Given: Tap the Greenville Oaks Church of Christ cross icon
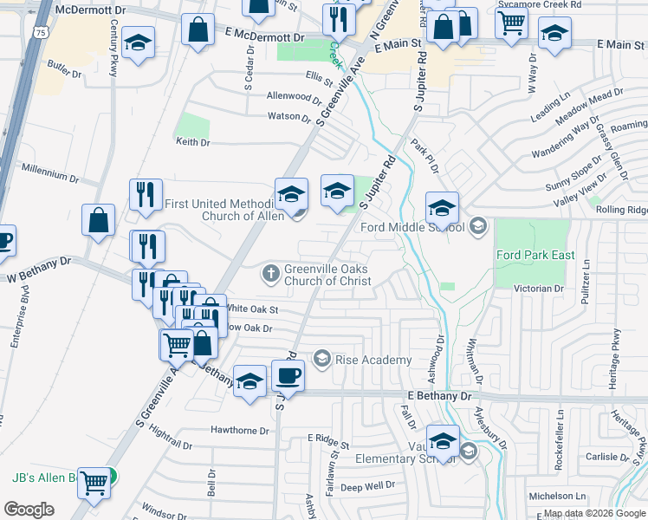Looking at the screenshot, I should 271,274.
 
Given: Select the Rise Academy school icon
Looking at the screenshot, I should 322,359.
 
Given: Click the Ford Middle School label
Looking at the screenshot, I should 411,227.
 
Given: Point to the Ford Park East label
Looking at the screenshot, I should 532,255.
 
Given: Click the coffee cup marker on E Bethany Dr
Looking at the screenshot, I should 288,377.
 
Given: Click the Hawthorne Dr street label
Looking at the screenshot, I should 240,430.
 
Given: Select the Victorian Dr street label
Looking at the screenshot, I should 539,288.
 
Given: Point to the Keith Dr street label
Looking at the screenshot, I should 193,142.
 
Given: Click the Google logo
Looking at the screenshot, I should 29,510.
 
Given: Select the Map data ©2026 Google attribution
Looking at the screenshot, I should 594,513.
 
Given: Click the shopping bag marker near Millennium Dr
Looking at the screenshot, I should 99,221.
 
